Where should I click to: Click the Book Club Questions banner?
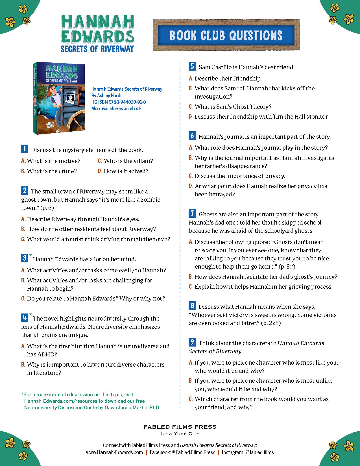click(226, 35)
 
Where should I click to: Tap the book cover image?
click(59, 98)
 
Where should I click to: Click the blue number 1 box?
click(25, 149)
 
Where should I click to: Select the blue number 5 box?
click(192, 66)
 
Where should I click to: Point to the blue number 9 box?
click(192, 342)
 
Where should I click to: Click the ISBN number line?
click(119, 102)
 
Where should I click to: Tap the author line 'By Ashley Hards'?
click(107, 95)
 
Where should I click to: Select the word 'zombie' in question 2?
click(150, 200)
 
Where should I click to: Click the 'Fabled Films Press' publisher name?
click(180, 427)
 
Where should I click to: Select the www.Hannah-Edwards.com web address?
click(114, 452)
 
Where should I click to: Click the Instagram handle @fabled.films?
click(259, 452)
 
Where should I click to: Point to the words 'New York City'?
click(180, 434)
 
